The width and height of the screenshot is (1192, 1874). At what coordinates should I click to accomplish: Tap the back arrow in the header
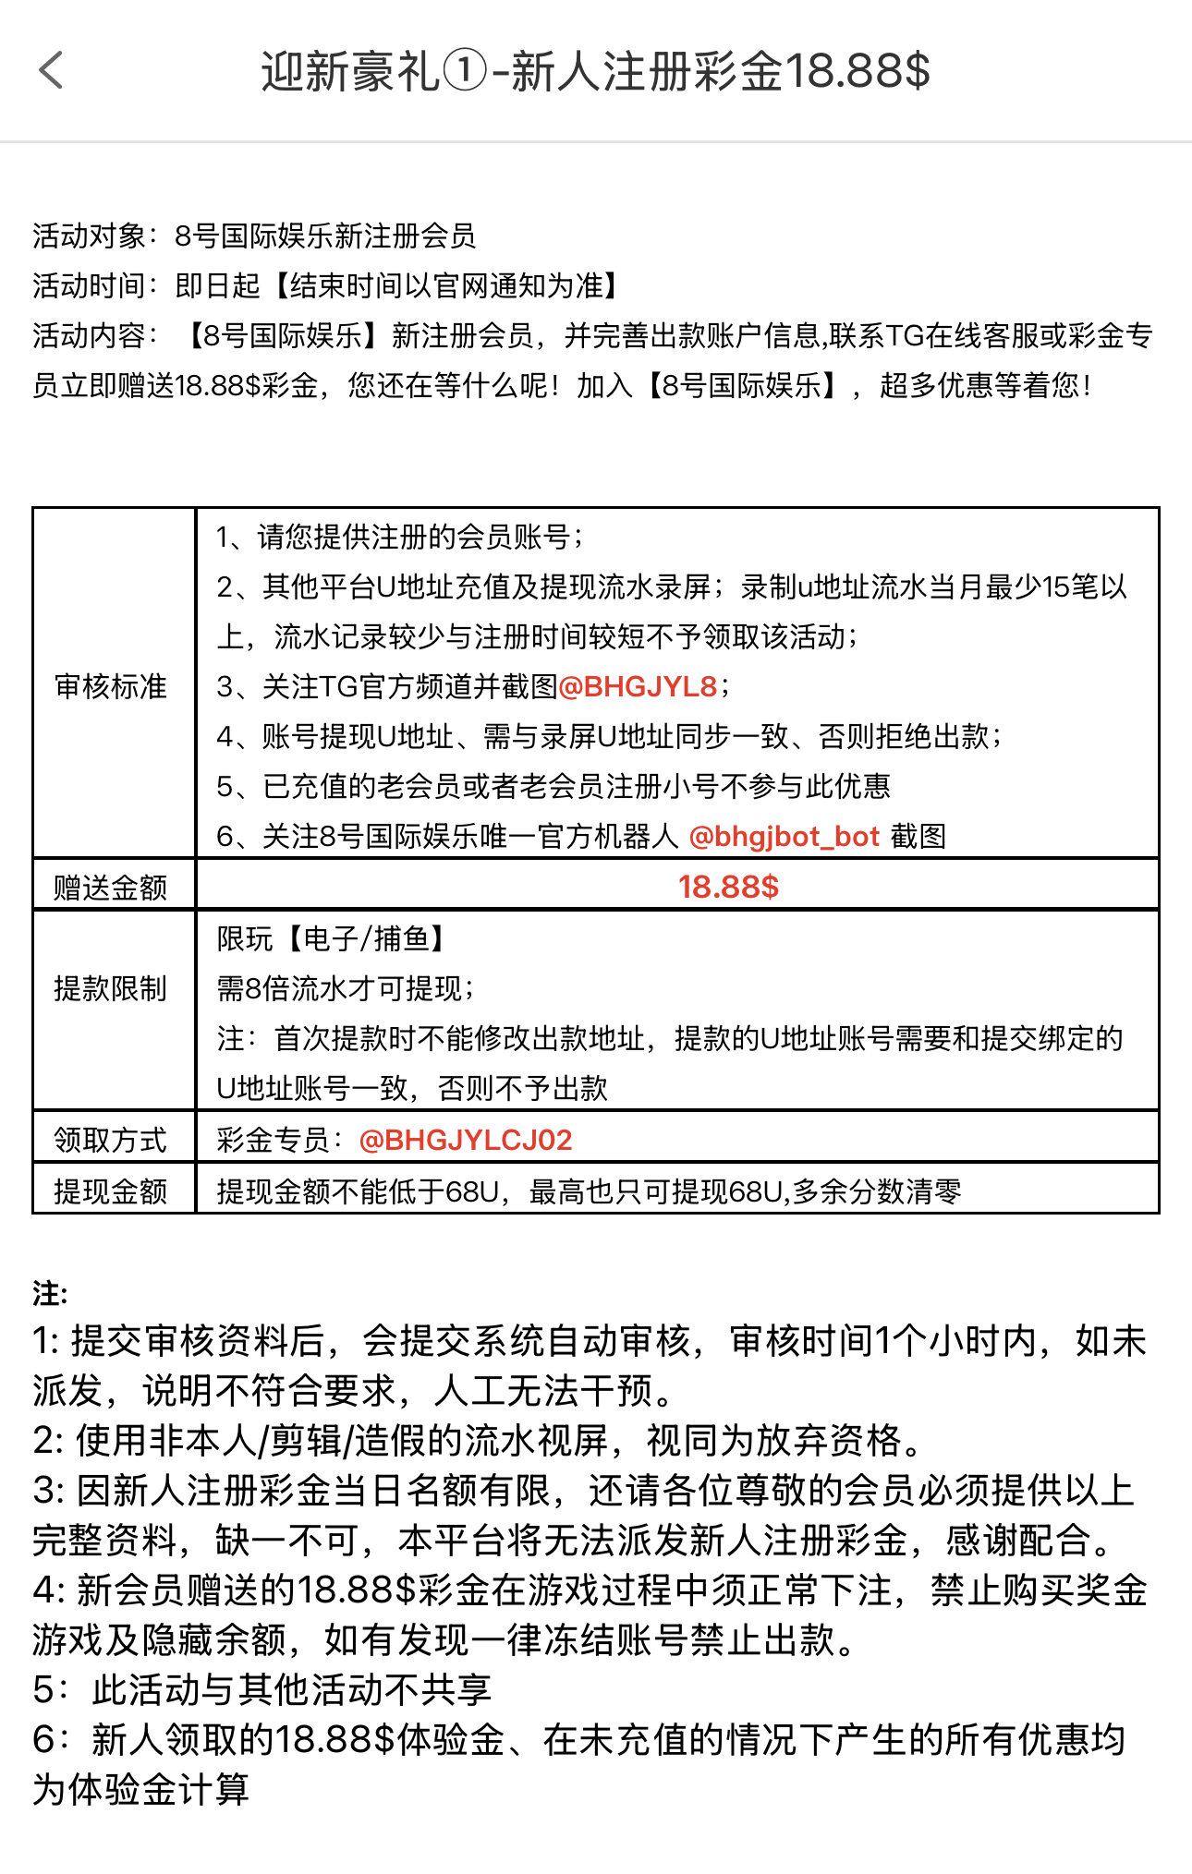click(x=52, y=71)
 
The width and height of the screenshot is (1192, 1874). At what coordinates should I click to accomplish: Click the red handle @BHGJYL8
click(x=638, y=686)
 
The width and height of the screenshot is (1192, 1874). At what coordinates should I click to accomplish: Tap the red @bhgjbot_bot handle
click(x=784, y=837)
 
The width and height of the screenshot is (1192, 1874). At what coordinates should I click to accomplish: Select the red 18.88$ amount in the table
click(x=728, y=887)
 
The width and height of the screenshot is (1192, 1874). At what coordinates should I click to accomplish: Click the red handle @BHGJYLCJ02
click(x=465, y=1140)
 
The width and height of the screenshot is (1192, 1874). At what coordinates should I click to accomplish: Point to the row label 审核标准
click(x=111, y=686)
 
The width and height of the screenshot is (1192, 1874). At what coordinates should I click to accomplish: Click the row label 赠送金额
click(x=111, y=888)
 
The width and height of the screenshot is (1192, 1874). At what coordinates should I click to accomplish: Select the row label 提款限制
click(x=111, y=988)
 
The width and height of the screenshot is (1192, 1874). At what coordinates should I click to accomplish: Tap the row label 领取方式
click(x=111, y=1140)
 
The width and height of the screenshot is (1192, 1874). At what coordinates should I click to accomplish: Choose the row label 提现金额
click(x=111, y=1191)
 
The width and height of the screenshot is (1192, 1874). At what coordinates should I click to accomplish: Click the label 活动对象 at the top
click(x=89, y=236)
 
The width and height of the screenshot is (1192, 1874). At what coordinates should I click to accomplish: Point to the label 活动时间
click(x=89, y=286)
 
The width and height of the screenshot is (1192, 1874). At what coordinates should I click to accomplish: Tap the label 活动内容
click(x=89, y=336)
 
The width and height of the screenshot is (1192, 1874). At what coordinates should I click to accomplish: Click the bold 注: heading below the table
click(x=50, y=1293)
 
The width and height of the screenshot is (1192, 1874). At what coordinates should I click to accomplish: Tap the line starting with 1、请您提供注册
click(x=399, y=537)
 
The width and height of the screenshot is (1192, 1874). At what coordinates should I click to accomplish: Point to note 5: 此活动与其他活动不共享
click(x=262, y=1690)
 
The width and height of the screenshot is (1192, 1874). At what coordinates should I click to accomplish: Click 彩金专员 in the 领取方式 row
click(x=274, y=1140)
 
